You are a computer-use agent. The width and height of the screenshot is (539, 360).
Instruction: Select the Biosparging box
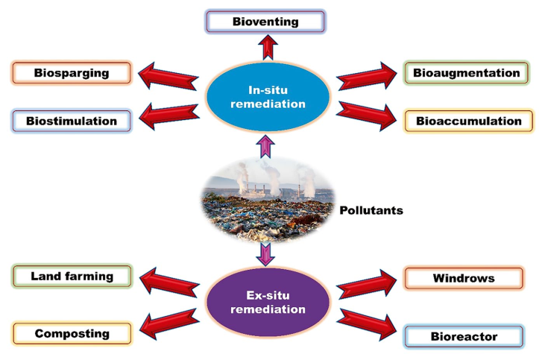click(x=72, y=73)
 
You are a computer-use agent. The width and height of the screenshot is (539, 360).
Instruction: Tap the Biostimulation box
click(x=72, y=120)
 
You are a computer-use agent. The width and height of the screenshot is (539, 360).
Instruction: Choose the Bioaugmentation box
click(x=467, y=73)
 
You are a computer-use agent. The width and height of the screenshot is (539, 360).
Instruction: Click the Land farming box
click(x=72, y=276)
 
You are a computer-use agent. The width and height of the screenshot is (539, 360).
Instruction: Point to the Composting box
click(x=72, y=333)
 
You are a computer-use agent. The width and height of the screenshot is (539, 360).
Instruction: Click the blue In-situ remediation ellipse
click(x=267, y=97)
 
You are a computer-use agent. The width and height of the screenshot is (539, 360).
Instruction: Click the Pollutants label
click(x=371, y=210)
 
